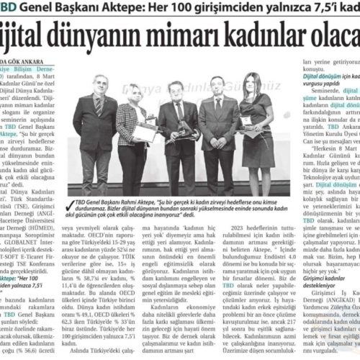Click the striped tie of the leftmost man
[x=98, y=108]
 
